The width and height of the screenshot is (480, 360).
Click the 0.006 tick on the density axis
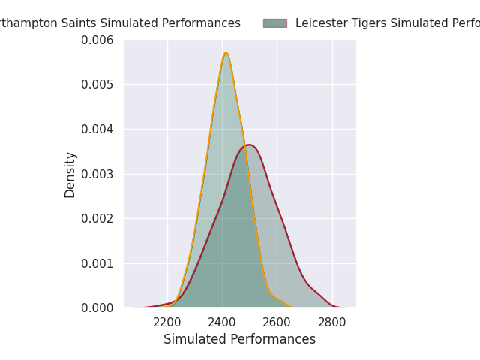pos(97,40)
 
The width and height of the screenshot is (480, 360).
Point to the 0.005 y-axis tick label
pos(97,84)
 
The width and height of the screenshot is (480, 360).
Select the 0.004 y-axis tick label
pos(97,129)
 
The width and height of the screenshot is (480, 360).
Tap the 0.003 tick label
pos(97,174)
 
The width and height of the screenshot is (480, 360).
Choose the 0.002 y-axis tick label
pos(97,218)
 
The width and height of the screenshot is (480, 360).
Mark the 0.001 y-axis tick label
pos(97,263)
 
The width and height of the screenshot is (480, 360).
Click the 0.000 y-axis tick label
pos(97,307)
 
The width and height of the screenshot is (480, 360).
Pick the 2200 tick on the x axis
pos(166,322)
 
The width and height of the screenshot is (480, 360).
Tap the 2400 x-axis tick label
pos(222,322)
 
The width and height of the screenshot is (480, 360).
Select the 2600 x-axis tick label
pos(277,322)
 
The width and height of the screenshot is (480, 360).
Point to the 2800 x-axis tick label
pos(333,322)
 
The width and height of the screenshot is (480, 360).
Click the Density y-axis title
pos(70,174)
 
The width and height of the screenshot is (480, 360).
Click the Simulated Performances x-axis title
pos(239,339)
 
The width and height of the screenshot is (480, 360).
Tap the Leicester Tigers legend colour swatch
pos(274,23)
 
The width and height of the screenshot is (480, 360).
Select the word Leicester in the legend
pos(320,23)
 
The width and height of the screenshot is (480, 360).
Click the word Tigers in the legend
pos(367,23)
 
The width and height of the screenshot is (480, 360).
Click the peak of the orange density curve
pos(226,52)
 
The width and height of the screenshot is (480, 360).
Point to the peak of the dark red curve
pos(249,145)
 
